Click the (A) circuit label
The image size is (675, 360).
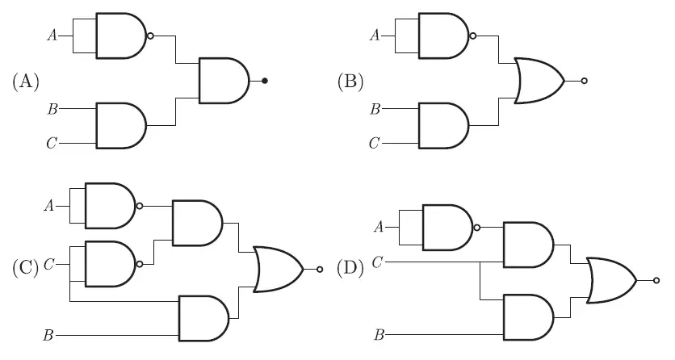[27, 81]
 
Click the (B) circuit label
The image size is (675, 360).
[349, 81]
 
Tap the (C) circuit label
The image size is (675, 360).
[25, 266]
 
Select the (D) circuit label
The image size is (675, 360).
[350, 266]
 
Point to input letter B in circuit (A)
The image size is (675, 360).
[52, 107]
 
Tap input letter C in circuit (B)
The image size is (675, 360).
[374, 144]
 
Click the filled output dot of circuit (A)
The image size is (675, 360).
[265, 81]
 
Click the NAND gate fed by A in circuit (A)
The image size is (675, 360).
[120, 36]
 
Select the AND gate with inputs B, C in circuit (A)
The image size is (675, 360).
[120, 125]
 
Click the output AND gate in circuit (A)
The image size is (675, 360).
[224, 81]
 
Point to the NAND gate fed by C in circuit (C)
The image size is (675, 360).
[109, 263]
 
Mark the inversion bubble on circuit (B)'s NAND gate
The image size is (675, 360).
[472, 36]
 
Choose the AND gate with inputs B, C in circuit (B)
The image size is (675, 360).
[442, 125]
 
